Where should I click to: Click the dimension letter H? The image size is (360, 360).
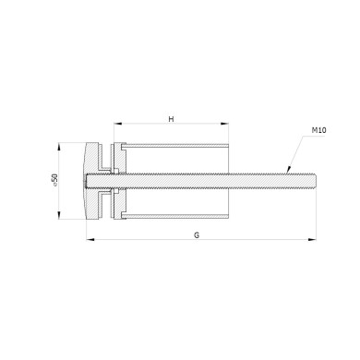(172, 119)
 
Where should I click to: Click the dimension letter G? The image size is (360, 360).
(197, 235)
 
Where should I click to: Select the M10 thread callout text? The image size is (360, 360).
(319, 130)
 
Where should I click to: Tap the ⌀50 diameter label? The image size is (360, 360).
(54, 180)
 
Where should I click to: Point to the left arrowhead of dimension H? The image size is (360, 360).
(118, 124)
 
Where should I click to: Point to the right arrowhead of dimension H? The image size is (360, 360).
(224, 124)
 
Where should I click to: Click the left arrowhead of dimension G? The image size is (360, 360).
(90, 239)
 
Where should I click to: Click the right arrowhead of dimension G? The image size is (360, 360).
(312, 239)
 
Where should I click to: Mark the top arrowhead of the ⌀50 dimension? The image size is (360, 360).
(59, 147)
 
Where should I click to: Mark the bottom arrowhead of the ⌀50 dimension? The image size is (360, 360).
(59, 215)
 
